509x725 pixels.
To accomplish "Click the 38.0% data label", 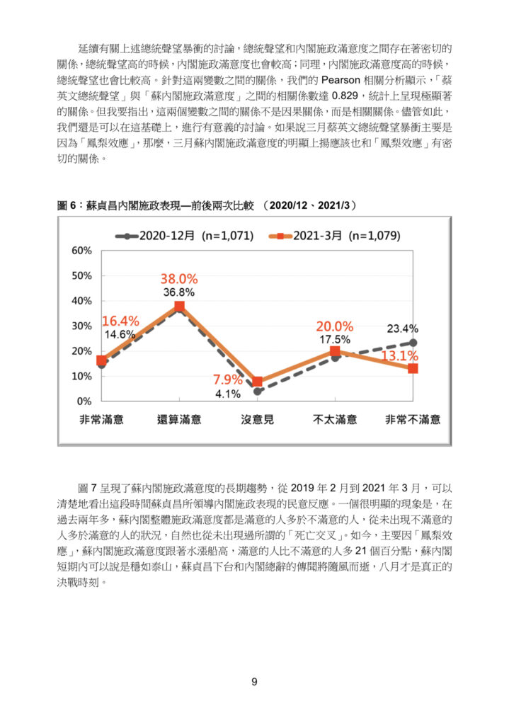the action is click(179, 279).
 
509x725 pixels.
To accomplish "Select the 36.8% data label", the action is click(179, 292).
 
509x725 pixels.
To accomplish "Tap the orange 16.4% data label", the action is click(120, 321).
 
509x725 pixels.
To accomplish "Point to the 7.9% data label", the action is click(228, 379).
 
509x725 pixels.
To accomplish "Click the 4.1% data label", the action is click(228, 394).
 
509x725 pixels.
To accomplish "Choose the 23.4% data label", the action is click(403, 329).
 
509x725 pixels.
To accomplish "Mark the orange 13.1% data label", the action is click(400, 355).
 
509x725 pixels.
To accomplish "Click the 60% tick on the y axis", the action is click(82, 251).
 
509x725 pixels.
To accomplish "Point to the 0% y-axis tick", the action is click(85, 401).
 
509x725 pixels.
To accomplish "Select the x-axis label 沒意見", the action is click(258, 420).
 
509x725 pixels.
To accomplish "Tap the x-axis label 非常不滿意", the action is click(413, 420).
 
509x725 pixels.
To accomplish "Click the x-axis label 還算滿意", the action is click(179, 420).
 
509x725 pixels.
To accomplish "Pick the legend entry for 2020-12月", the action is click(185, 236).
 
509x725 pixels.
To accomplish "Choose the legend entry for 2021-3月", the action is click(334, 236).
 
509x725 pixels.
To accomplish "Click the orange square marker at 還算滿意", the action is click(179, 306).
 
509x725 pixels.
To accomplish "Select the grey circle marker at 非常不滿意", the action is click(413, 343).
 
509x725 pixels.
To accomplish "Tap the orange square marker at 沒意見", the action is click(258, 382).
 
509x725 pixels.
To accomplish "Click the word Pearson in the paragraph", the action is click(341, 81).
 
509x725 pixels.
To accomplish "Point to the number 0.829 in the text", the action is click(345, 96).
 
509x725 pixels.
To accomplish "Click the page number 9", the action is click(254, 682).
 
